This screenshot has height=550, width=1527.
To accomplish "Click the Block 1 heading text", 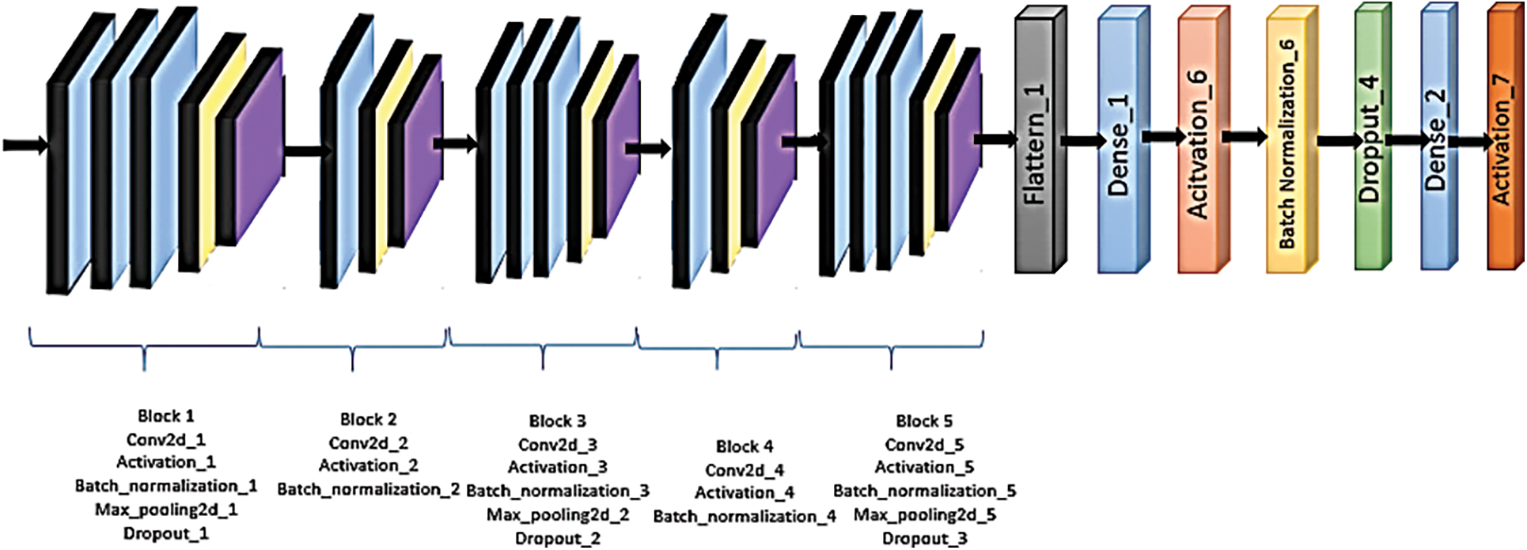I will click(165, 416).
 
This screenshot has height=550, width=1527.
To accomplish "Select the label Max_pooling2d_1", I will click(166, 510).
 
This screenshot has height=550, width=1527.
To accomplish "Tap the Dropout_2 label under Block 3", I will click(558, 538).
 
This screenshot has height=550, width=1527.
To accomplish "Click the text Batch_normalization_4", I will click(745, 517).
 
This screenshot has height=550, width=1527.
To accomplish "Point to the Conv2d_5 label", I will click(924, 445).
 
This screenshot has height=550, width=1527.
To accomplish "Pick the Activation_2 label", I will click(369, 465).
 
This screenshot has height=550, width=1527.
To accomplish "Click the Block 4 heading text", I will click(745, 446).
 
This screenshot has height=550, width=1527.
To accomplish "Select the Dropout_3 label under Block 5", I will click(924, 538).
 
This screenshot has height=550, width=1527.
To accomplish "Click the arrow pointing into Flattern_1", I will click(995, 139).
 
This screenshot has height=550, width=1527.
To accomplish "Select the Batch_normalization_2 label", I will click(369, 489).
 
